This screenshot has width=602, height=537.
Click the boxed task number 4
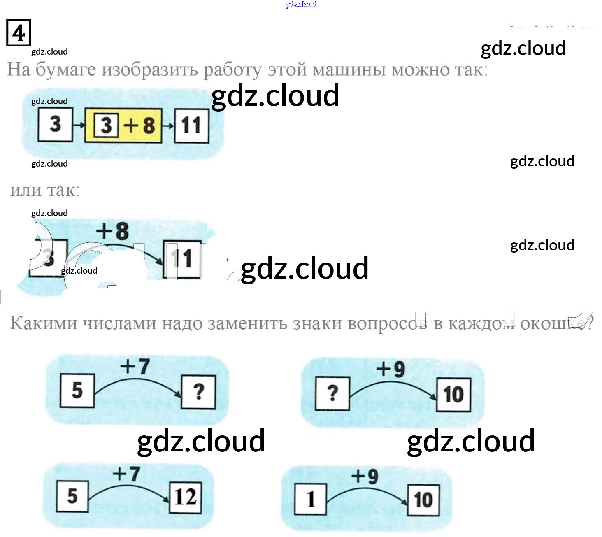19,33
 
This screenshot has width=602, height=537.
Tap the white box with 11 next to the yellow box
191,126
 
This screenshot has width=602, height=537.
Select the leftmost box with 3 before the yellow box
55,125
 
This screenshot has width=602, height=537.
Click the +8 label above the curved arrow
112,231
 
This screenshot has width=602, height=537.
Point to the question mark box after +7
198,392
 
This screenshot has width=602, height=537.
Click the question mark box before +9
332,393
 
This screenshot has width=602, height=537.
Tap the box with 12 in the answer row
186,497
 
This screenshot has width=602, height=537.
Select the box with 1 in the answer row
311,500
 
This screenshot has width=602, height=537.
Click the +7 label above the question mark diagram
135,365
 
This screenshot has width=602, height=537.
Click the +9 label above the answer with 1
365,476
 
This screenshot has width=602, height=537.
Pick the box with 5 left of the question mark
77,390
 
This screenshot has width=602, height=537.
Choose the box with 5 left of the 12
72,496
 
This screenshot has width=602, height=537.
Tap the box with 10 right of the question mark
453,394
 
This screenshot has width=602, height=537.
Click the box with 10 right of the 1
423,500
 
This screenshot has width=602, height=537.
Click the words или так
45,190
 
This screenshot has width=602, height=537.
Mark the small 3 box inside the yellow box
106,125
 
